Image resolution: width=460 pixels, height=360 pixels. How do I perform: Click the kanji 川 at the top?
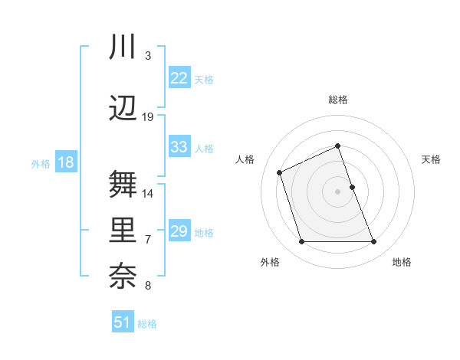click(x=122, y=47)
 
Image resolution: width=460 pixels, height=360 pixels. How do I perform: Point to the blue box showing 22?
click(x=179, y=78)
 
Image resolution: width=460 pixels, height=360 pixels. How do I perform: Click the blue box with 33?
click(x=179, y=147)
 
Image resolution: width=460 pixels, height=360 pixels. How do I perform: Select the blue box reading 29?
click(x=179, y=231)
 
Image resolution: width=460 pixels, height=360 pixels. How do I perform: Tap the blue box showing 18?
click(x=65, y=162)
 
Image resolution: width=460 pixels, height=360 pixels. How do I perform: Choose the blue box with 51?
click(x=123, y=322)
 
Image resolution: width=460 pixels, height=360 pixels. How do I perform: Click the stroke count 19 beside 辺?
click(x=148, y=117)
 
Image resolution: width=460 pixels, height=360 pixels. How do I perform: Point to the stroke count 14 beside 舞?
click(x=148, y=193)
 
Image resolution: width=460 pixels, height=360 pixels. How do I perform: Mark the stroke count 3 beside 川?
click(x=148, y=56)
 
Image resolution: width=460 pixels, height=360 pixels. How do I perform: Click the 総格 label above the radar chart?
click(x=337, y=100)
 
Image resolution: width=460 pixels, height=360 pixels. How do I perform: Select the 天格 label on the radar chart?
click(x=431, y=159)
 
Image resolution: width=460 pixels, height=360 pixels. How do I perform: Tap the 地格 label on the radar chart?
click(x=402, y=262)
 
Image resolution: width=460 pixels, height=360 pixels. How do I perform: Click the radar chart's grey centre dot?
click(x=337, y=191)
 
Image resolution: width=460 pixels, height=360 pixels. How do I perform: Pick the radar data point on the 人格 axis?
click(x=280, y=172)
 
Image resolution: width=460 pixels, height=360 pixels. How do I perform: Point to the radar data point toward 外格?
click(x=301, y=242)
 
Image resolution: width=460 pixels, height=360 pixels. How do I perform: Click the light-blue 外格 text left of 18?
click(x=40, y=163)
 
